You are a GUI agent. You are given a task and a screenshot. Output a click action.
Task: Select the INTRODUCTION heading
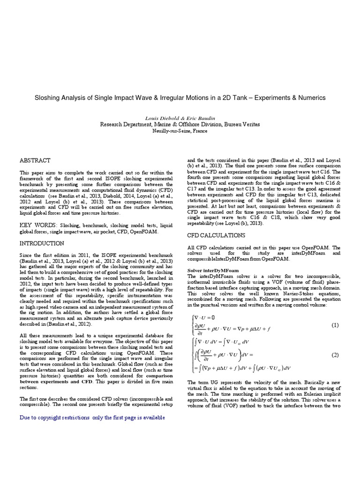42,244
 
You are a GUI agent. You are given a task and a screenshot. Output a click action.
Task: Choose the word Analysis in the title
76,98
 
